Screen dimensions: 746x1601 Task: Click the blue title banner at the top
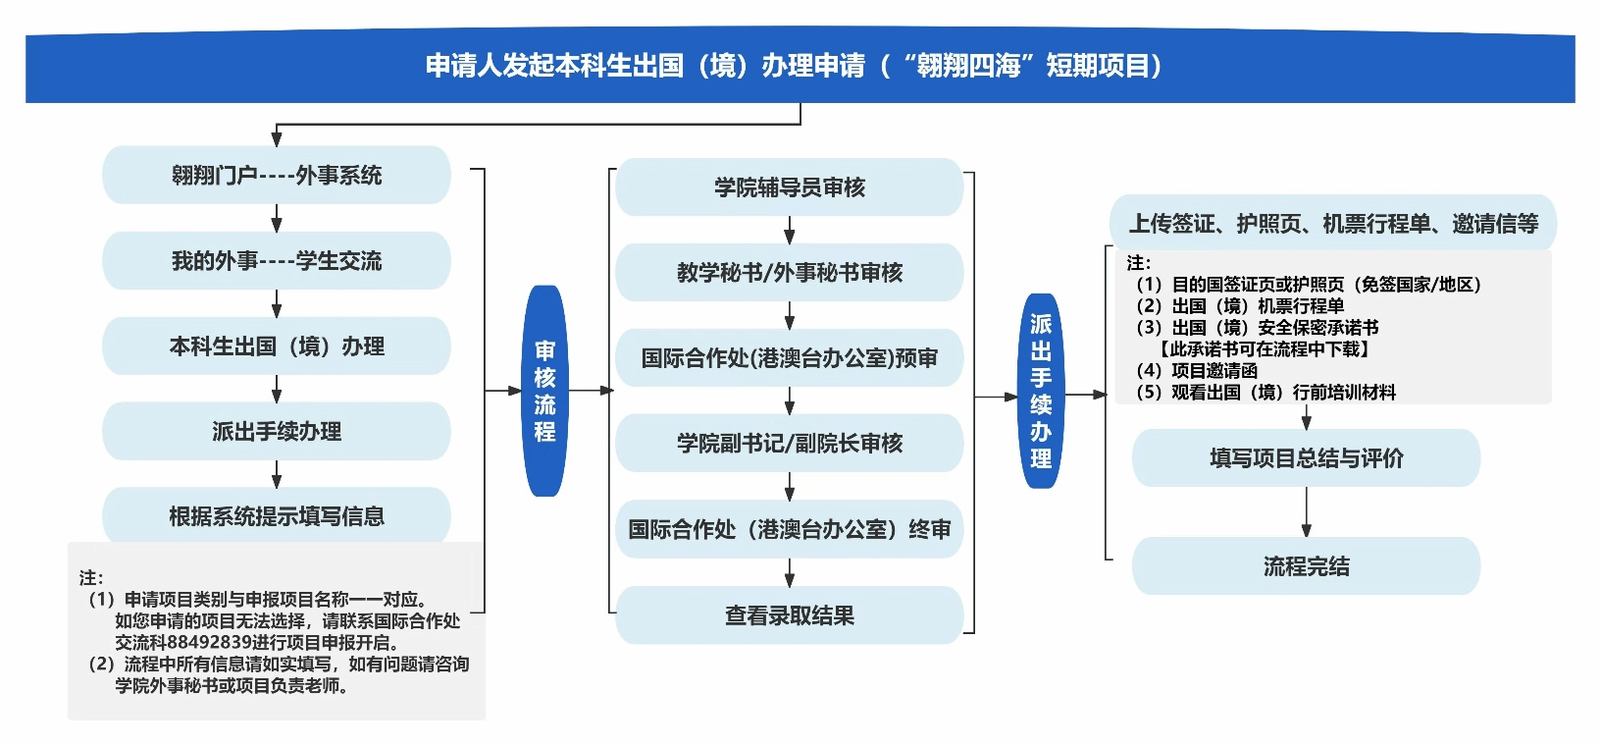point(800,67)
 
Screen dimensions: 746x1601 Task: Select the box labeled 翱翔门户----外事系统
point(277,176)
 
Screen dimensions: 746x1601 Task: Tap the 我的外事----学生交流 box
point(277,261)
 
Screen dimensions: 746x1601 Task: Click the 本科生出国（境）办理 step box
point(277,346)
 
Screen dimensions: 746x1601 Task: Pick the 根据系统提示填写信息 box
point(277,515)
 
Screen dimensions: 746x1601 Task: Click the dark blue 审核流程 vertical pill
point(544,391)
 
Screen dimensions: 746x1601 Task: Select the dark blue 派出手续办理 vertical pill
point(1041,391)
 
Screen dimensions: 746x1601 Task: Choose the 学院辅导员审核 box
point(790,187)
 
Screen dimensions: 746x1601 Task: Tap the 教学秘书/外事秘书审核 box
point(790,273)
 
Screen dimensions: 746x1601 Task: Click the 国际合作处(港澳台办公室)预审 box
point(790,358)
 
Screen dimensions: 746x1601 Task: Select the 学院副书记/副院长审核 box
point(790,444)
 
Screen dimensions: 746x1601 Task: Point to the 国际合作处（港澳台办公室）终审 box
point(790,530)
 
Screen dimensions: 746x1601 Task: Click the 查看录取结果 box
point(790,615)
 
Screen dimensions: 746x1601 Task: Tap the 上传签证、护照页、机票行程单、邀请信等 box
point(1333,224)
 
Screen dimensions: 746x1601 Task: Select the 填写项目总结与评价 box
point(1306,458)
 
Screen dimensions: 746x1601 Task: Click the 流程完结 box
point(1306,566)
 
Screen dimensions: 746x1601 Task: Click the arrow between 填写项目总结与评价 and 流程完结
point(1306,511)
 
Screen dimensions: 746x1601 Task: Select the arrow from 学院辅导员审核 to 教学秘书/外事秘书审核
point(790,231)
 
